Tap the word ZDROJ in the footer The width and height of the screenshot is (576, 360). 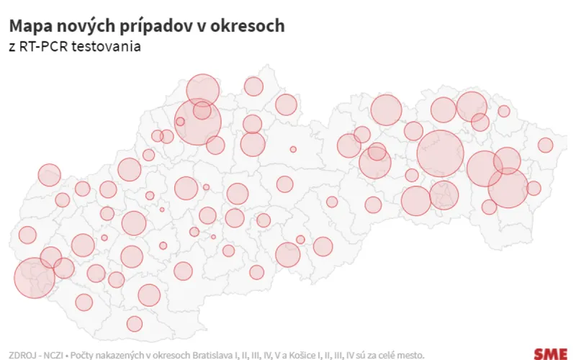[22, 355]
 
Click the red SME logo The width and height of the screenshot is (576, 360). [550, 354]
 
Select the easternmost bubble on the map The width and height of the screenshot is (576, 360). [545, 145]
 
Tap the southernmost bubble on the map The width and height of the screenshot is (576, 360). [135, 324]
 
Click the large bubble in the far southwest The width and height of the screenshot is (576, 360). [34, 278]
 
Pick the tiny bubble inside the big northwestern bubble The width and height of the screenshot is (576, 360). [180, 122]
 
